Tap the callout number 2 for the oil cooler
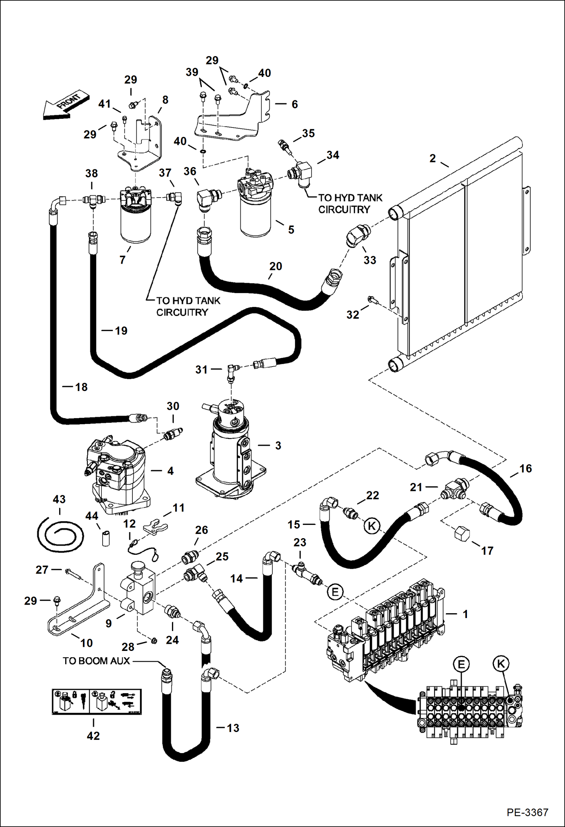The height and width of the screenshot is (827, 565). coord(432,158)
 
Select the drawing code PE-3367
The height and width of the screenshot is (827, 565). coord(527,812)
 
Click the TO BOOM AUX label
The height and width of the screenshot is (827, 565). coord(96,660)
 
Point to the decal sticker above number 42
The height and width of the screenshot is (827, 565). coord(97,701)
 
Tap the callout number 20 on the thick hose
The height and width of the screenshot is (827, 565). coord(275,266)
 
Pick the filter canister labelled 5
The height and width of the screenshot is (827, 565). coord(256,219)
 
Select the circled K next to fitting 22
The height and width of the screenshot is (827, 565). coord(372,526)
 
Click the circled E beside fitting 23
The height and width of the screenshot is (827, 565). coord(335,592)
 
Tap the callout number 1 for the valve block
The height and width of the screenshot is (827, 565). coord(465,614)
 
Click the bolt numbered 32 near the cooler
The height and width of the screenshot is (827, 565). coord(371,300)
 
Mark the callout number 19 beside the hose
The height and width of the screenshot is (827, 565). coord(121,331)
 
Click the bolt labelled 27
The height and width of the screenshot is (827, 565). coord(74,574)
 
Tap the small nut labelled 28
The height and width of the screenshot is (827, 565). coord(154,641)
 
